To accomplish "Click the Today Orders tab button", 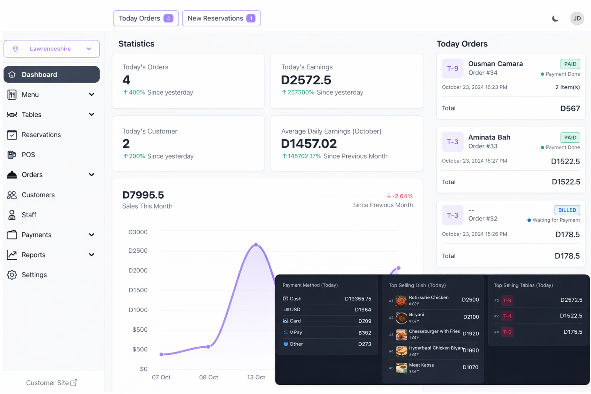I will pos(146,18).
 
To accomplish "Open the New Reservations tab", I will pos(221,18).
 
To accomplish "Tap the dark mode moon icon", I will pos(555,18).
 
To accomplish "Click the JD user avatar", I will pos(577,18).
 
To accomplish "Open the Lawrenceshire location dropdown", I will pos(52,49).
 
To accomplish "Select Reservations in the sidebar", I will pos(41,135).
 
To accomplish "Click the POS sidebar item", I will pos(28,155).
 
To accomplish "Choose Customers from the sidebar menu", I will pos(38,195).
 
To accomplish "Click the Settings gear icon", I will pos(12,275).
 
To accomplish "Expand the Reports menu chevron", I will pos(92,255).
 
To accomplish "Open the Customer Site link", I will pos(52,382).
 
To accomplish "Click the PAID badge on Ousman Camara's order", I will pos(570,64).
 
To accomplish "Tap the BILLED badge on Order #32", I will pos(567,210).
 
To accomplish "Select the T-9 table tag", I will pos(452,68).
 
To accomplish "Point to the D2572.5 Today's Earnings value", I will pos(306,80).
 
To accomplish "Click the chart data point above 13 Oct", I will pos(256,245).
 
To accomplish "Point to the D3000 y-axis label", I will pos(138,232).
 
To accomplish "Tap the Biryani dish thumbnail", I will pos(401,318).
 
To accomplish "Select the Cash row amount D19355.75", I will pos(358,299).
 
